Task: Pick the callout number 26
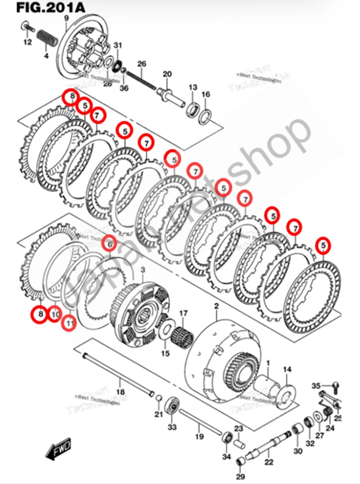click(142, 63)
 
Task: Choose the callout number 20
click(167, 74)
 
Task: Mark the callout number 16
click(205, 95)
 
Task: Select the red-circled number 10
click(54, 313)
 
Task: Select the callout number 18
click(120, 392)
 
